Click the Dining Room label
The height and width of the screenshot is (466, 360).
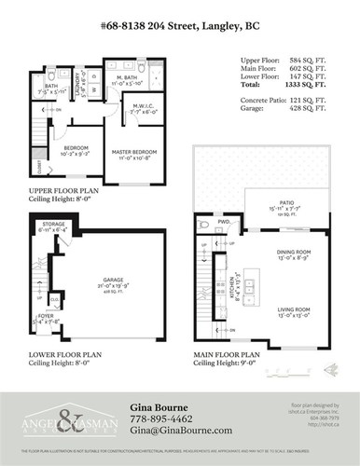292,252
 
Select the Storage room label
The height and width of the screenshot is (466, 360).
52,225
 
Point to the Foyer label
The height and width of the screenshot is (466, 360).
43,316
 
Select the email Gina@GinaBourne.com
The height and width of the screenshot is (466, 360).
181,431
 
